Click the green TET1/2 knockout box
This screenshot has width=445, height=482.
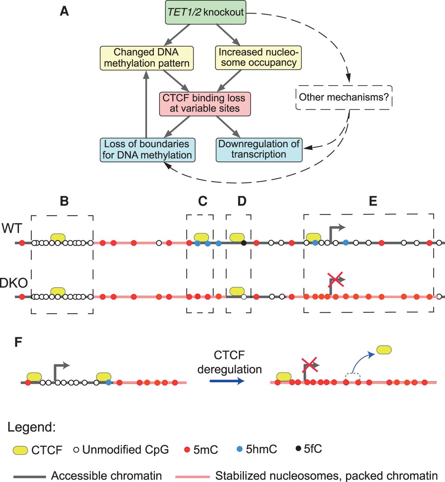pyautogui.click(x=205, y=13)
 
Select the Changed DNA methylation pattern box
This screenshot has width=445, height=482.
pyautogui.click(x=147, y=58)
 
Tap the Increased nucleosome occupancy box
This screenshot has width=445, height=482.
pyautogui.click(x=259, y=58)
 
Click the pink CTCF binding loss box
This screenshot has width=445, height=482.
pyautogui.click(x=204, y=103)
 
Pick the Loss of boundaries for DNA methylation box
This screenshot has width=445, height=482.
pyautogui.click(x=147, y=149)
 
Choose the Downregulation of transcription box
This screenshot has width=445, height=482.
pyautogui.click(x=259, y=149)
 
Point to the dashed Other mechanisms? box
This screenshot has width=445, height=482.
pyautogui.click(x=344, y=97)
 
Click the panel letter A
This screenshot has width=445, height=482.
pyautogui.click(x=64, y=11)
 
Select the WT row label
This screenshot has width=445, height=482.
pyautogui.click(x=12, y=229)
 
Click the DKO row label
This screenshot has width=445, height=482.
pyautogui.click(x=14, y=283)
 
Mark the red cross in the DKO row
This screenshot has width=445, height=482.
pyautogui.click(x=336, y=280)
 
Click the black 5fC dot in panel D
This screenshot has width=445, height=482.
pyautogui.click(x=244, y=243)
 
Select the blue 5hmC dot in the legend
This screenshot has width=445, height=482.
pyautogui.click(x=240, y=449)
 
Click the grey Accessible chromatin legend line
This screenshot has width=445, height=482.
pyautogui.click(x=30, y=476)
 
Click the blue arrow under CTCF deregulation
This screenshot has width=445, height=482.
pyautogui.click(x=227, y=381)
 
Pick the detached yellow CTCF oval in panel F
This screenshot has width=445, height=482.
pyautogui.click(x=384, y=350)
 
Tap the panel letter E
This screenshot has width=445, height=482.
pyautogui.click(x=373, y=201)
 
